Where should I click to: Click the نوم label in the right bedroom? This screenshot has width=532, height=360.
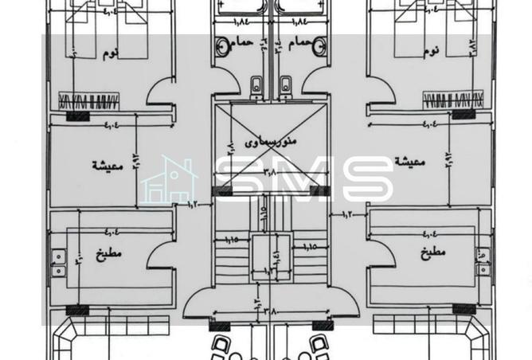(430, 53)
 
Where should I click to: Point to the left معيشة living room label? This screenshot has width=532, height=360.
(105, 166)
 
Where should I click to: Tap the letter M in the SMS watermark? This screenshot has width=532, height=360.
(295, 180)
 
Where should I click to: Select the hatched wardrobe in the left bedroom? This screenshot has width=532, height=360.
(88, 101)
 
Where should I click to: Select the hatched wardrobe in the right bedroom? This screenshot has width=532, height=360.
(452, 101)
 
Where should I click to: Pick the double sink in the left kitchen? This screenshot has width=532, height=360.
(58, 263)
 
